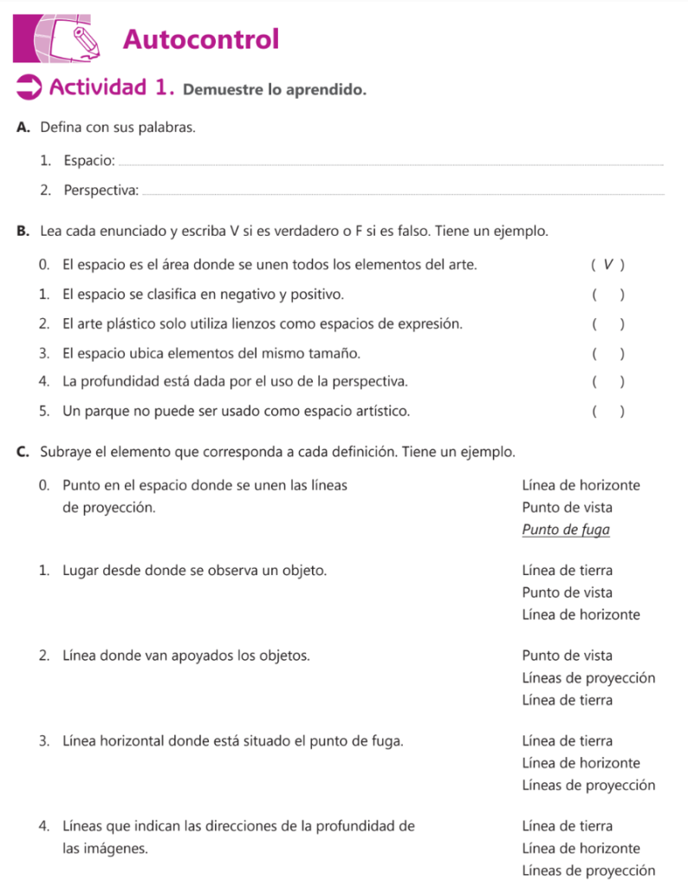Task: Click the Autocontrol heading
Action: (201, 39)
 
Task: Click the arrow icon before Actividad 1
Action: (29, 87)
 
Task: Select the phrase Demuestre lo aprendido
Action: (274, 89)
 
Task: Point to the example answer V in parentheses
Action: (608, 264)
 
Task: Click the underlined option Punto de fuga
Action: (566, 529)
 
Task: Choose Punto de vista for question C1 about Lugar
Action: (567, 592)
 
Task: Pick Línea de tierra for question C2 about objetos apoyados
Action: (567, 700)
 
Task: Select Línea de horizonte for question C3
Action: (581, 763)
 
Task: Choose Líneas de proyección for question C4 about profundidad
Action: (588, 871)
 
